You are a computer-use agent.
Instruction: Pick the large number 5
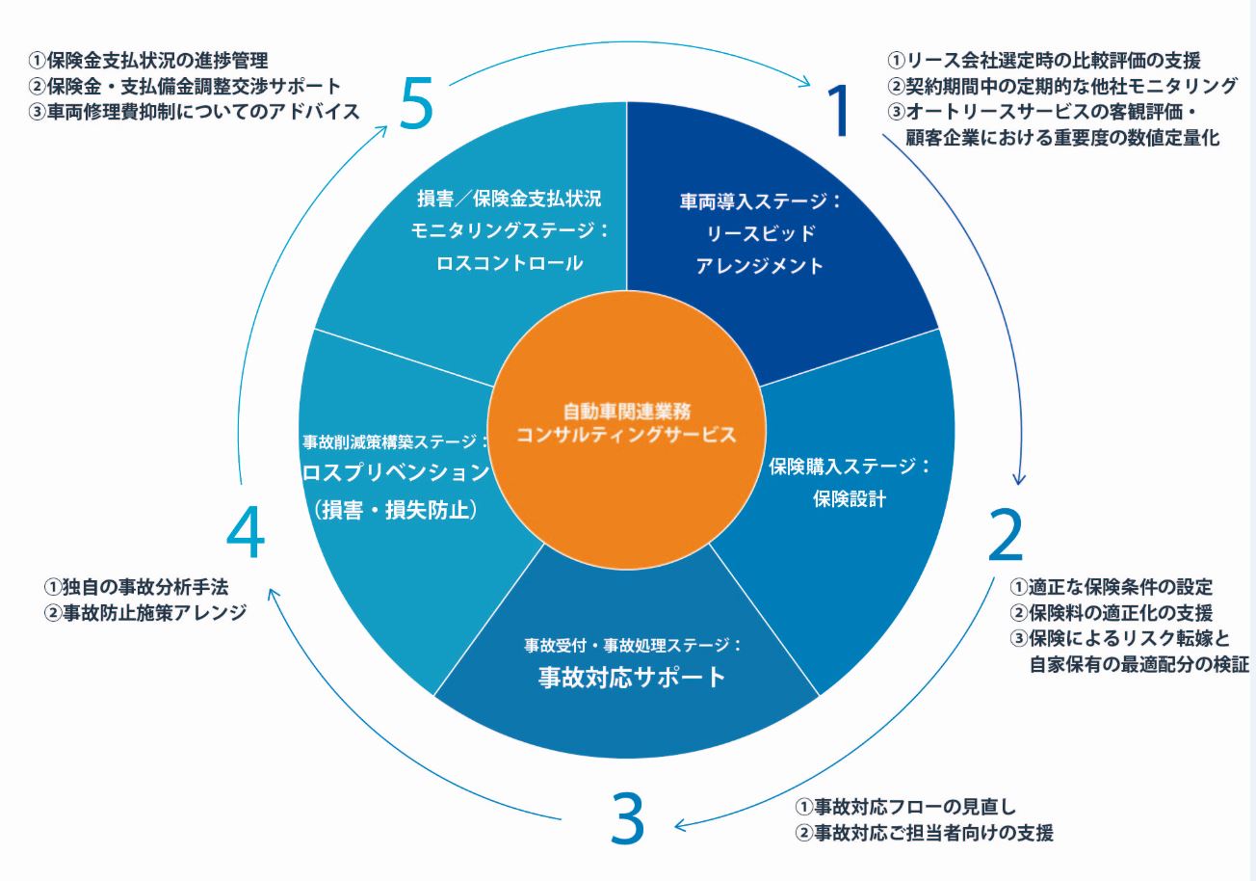(x=416, y=103)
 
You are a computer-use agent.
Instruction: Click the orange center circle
(x=626, y=430)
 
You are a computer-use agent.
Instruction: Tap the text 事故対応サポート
(x=632, y=677)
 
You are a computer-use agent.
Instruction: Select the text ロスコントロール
(x=510, y=263)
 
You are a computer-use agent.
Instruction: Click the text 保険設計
(x=850, y=498)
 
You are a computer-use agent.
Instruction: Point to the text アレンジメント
(x=760, y=265)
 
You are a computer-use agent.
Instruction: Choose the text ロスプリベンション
(x=396, y=472)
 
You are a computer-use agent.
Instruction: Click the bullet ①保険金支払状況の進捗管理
(x=148, y=60)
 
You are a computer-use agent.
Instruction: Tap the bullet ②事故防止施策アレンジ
(x=145, y=612)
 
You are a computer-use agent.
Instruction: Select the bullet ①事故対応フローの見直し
(x=906, y=807)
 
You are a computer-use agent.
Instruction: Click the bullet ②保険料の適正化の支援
(x=1112, y=612)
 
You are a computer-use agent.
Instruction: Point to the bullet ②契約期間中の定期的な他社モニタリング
(x=1062, y=86)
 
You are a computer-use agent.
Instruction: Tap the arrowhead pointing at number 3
(x=680, y=825)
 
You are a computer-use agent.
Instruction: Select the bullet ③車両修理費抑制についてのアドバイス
(x=194, y=112)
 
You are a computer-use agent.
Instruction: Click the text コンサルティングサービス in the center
(x=626, y=435)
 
